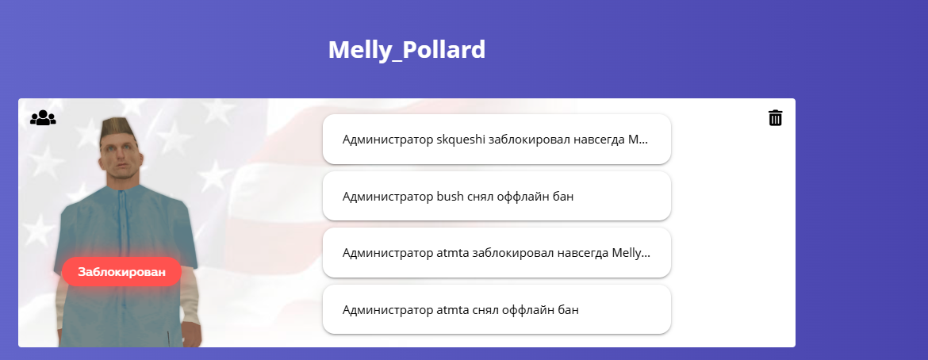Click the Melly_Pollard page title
(x=407, y=50)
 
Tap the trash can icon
(x=775, y=118)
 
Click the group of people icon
(x=43, y=118)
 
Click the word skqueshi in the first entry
(x=461, y=140)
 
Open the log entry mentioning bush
(x=497, y=196)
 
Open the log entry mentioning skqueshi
(x=497, y=139)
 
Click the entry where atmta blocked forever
(x=497, y=253)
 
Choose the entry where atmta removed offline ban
(x=497, y=310)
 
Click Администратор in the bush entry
(x=388, y=197)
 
